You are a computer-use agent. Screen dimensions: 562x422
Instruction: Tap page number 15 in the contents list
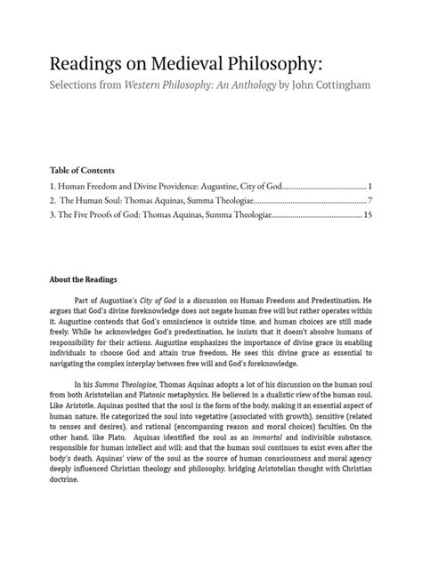pyautogui.click(x=367, y=215)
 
